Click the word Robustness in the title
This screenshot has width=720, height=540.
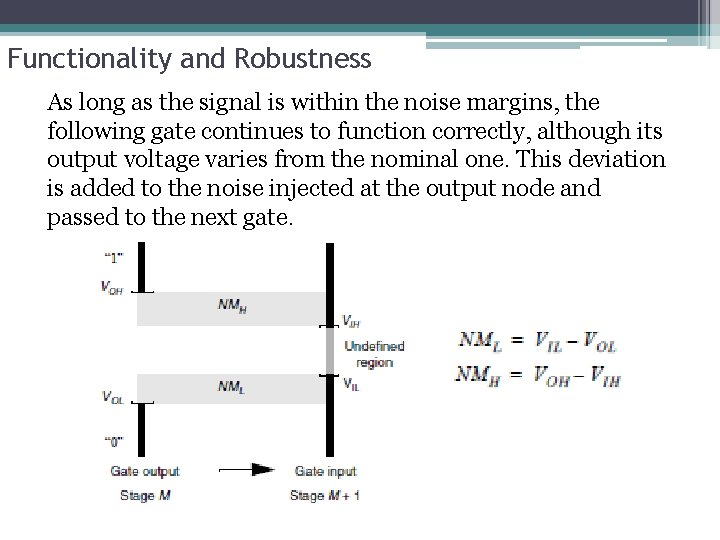click(x=304, y=59)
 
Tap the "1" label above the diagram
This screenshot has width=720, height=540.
click(x=112, y=258)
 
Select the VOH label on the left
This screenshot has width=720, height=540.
click(x=112, y=287)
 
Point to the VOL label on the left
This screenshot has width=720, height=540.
click(x=112, y=397)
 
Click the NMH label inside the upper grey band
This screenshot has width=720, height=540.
click(x=231, y=305)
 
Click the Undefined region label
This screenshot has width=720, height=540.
click(x=374, y=354)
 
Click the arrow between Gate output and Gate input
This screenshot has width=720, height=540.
click(x=246, y=469)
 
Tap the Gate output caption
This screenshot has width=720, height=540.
click(x=145, y=471)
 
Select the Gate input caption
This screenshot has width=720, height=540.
click(x=325, y=471)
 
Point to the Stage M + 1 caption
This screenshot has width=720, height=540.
click(x=325, y=496)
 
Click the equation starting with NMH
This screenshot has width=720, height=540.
click(x=539, y=376)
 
